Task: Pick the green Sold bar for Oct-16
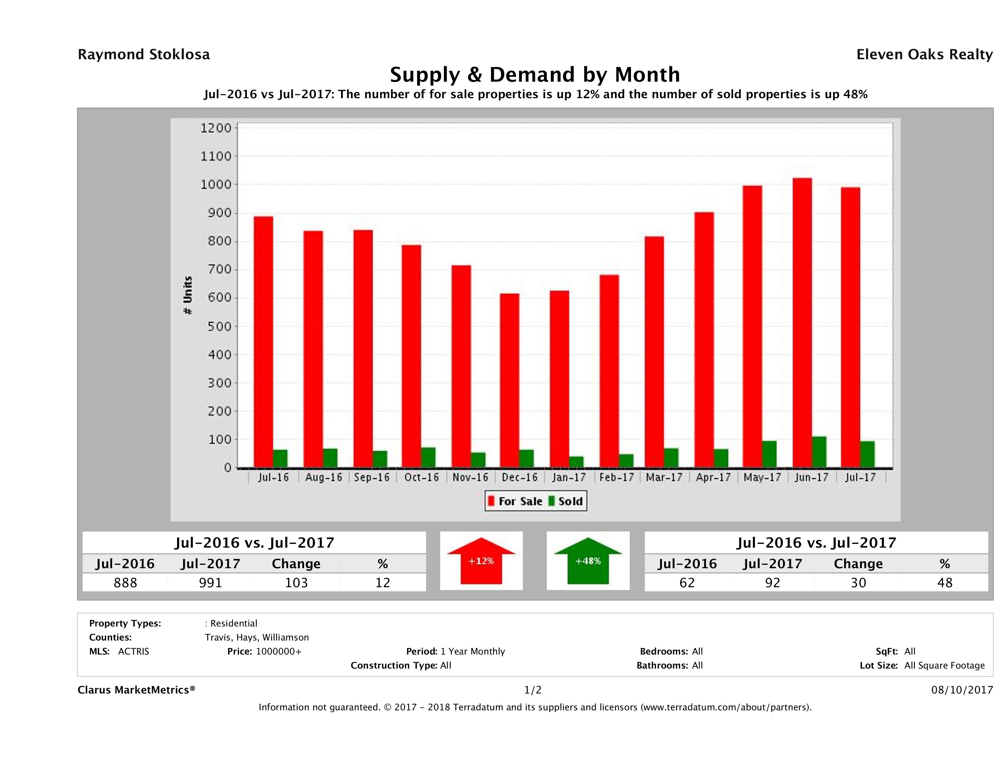(428, 458)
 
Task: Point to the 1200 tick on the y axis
(216, 128)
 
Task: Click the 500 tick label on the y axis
(216, 326)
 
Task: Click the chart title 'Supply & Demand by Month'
(535, 74)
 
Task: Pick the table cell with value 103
(296, 583)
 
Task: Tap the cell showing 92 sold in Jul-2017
(772, 583)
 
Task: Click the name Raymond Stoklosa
(144, 55)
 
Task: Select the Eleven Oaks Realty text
(924, 55)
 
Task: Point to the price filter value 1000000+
(278, 651)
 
